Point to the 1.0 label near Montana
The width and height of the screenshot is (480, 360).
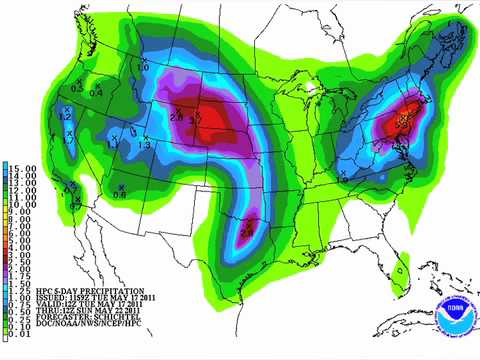(143, 67)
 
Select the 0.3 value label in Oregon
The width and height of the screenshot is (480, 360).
(79, 87)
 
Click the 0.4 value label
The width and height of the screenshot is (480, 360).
(96, 93)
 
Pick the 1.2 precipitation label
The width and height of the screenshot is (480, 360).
(66, 117)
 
